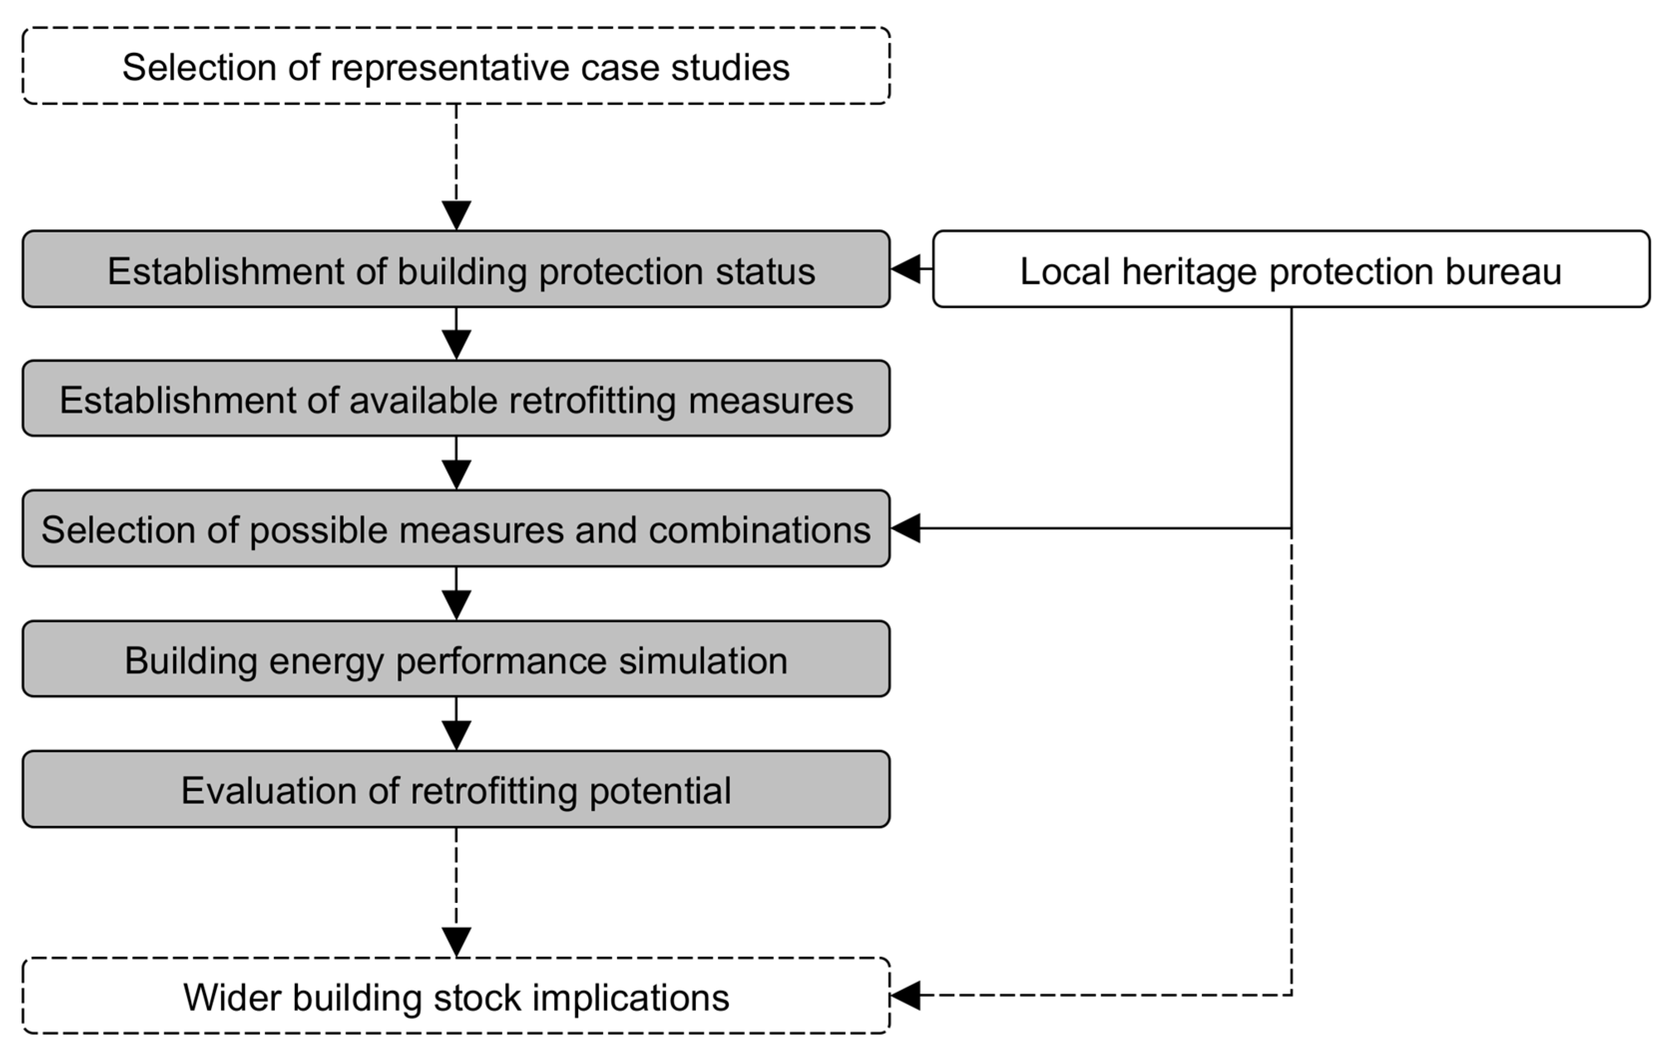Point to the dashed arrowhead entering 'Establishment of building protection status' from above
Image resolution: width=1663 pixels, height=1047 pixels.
coord(456,215)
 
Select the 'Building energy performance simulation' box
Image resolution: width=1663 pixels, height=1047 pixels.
coord(456,659)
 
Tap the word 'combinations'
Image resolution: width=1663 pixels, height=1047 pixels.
coord(759,530)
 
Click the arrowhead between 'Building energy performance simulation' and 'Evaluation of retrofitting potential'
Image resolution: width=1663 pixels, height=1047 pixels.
coord(456,735)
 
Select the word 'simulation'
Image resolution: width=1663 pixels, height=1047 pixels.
coord(702,660)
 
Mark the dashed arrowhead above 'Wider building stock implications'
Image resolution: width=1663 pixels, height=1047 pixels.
coord(456,941)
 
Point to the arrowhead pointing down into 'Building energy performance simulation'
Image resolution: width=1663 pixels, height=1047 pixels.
coord(456,604)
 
